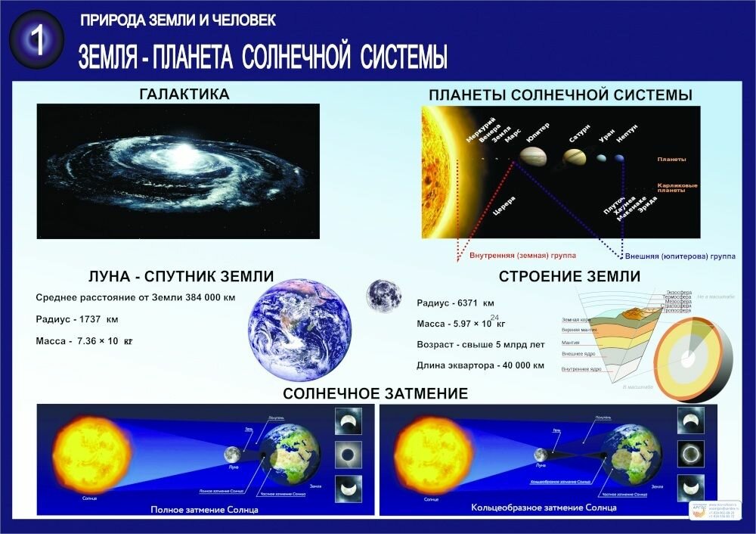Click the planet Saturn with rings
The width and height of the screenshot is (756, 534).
point(572,157)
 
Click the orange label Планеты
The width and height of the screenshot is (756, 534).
point(671,160)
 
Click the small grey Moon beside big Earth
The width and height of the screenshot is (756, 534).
point(384,296)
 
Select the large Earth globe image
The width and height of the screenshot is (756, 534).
point(301,328)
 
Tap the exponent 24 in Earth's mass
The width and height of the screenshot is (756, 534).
point(494,317)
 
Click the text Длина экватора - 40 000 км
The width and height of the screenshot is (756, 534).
point(480,365)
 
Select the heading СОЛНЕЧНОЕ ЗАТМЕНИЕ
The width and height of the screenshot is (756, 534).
point(376,393)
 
